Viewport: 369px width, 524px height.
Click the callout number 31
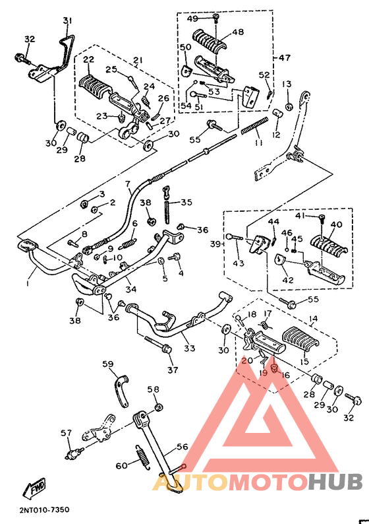click(x=66, y=20)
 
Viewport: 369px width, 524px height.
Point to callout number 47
click(x=284, y=58)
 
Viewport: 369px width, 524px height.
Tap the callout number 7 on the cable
click(x=128, y=183)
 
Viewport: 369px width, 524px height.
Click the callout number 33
click(x=190, y=348)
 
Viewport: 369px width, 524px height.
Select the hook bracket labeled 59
click(x=121, y=392)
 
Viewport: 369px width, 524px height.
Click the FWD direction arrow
click(x=35, y=488)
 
